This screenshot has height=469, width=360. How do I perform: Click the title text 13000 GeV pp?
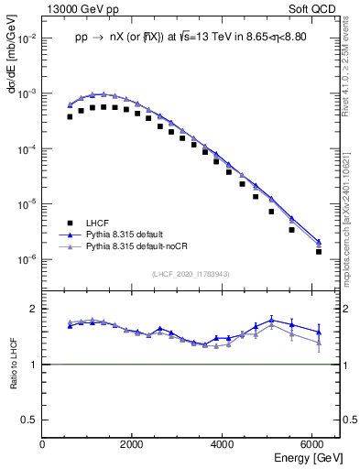point(81,7)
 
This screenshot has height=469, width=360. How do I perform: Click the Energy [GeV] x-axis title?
point(300,457)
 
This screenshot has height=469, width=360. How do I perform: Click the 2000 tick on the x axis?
point(134,443)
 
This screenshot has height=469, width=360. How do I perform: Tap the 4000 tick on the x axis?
point(224,443)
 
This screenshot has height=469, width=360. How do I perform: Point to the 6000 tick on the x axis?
point(314,443)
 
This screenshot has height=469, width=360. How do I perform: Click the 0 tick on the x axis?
point(43,443)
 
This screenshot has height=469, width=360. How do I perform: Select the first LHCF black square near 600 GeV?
point(70,116)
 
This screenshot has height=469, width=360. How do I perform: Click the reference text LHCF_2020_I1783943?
point(191,275)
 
